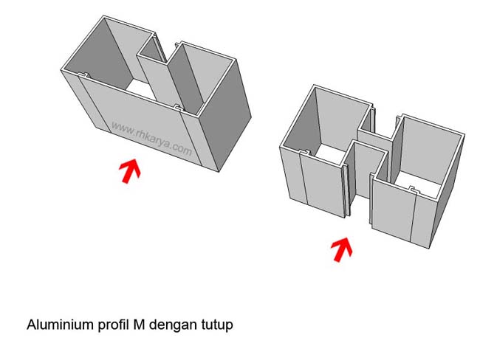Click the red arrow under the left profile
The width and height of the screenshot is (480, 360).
(x=130, y=170)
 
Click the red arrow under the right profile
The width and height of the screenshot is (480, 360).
(x=340, y=249)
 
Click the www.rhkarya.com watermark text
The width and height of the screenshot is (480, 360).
(x=152, y=139)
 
